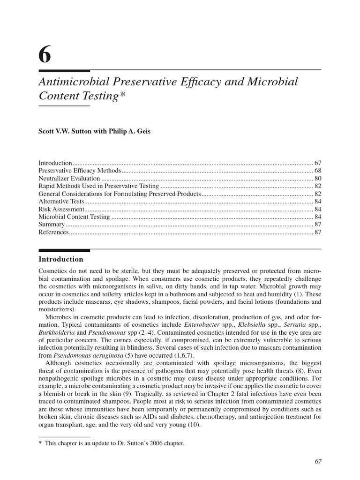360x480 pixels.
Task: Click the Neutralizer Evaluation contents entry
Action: (69, 179)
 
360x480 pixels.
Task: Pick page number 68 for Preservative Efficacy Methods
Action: (317, 171)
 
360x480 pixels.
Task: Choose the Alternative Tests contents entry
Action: (61, 201)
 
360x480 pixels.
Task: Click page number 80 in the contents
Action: (317, 179)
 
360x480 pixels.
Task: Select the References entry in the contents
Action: (53, 232)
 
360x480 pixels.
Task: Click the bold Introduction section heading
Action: (60, 259)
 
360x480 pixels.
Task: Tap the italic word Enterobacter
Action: (201, 324)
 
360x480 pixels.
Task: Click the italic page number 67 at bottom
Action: (318, 462)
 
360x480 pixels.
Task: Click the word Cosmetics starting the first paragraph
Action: (53, 271)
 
